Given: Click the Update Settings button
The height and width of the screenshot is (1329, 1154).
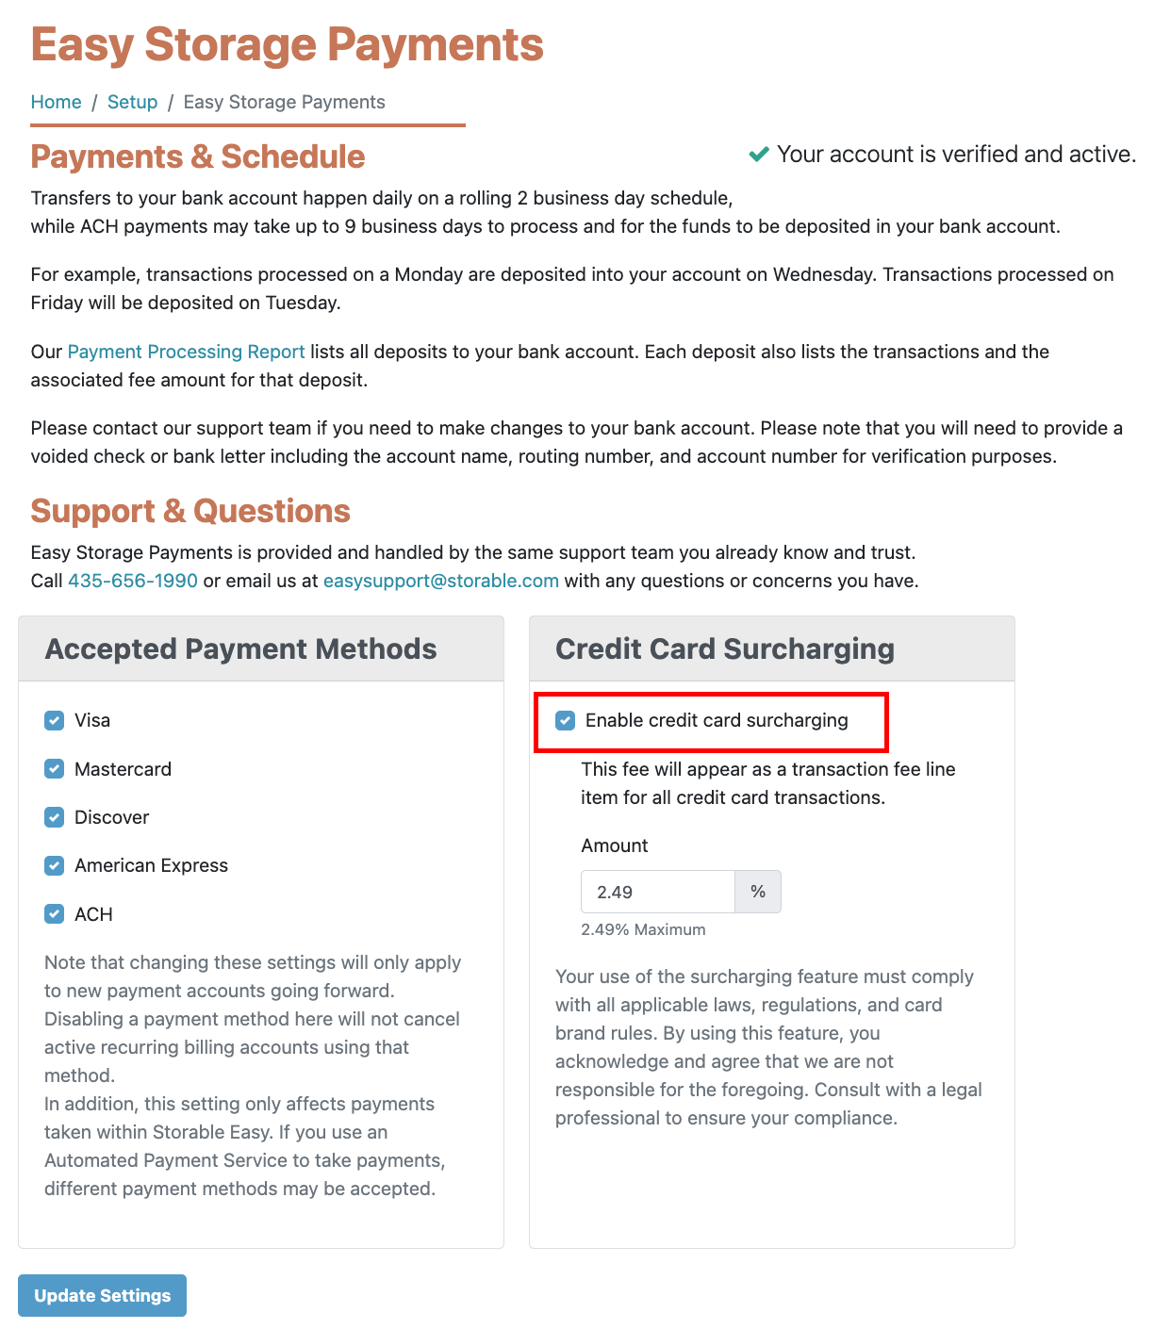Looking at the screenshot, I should tap(102, 1295).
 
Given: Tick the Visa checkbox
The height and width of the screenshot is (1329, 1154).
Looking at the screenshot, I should tap(55, 721).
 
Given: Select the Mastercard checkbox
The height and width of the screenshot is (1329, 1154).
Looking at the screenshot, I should tap(55, 769).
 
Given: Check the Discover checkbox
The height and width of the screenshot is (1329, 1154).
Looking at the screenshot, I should tap(55, 817).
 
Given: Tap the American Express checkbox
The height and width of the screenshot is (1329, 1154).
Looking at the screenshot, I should tap(55, 865).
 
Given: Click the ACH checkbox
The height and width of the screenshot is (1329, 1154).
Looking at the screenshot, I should tap(55, 914).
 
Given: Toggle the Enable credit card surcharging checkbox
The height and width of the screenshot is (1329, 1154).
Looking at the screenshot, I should tap(566, 721).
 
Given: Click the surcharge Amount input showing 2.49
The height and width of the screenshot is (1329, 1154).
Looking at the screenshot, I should tap(657, 892).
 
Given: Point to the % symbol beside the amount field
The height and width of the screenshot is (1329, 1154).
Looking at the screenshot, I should tap(758, 892).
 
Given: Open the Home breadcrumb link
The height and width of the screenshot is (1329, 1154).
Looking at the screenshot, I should tap(56, 102).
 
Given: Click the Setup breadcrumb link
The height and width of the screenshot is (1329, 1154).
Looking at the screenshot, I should tap(132, 102).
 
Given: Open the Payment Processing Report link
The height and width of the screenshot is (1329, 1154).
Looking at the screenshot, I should tap(186, 352).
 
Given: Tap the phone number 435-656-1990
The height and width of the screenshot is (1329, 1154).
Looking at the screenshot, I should tap(133, 581).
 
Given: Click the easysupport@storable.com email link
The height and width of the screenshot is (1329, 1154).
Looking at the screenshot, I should tap(440, 581).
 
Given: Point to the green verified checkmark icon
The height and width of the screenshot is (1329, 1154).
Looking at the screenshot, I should tap(759, 154).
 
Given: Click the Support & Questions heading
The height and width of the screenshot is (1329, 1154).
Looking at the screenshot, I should tap(190, 511).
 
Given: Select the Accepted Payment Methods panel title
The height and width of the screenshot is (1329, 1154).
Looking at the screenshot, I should tap(240, 648).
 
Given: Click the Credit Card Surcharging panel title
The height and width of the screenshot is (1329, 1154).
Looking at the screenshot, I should tap(724, 648).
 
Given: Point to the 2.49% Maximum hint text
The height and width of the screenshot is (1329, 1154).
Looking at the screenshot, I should tap(643, 929).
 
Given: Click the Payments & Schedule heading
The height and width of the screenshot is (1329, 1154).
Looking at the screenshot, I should tap(198, 156).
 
